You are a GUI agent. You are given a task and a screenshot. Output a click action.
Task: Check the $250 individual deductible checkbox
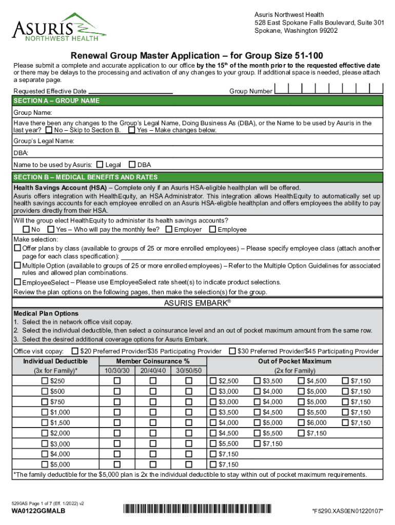pos(45,381)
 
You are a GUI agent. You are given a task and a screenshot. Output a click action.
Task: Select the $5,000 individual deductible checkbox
pos(45,465)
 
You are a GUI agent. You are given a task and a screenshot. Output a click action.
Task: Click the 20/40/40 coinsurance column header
pos(152,371)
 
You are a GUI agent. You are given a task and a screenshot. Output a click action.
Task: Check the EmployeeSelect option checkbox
pos(17,282)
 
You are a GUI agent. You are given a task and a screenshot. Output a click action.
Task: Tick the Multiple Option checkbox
pos(17,266)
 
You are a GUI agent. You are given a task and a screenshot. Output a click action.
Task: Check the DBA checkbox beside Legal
pos(132,165)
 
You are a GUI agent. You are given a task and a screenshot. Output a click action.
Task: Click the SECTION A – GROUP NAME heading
pos(56,101)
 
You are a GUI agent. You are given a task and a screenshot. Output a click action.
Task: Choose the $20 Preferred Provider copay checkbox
pos(75,351)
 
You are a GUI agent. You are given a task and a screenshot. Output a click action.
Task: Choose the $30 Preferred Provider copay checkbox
pos(232,351)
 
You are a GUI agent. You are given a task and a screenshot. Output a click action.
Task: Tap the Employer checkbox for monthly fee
pos(168,229)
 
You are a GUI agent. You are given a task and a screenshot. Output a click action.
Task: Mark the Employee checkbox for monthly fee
pos(212,229)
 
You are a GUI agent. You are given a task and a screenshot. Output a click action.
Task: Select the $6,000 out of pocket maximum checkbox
pos(301,422)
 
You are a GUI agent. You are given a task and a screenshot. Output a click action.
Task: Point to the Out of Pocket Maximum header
pos(294,361)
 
